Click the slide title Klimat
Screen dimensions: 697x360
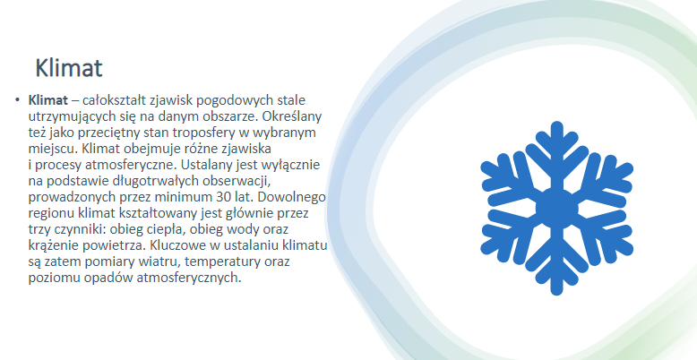pyautogui.click(x=69, y=68)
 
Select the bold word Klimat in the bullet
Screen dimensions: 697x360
pyautogui.click(x=48, y=100)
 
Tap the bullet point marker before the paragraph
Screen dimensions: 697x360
pyautogui.click(x=17, y=99)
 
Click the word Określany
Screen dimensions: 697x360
pyautogui.click(x=291, y=116)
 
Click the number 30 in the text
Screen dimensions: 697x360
pyautogui.click(x=224, y=197)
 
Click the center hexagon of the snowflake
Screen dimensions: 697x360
pyautogui.click(x=556, y=208)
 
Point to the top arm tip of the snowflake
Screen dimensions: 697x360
pyautogui.click(x=556, y=124)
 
